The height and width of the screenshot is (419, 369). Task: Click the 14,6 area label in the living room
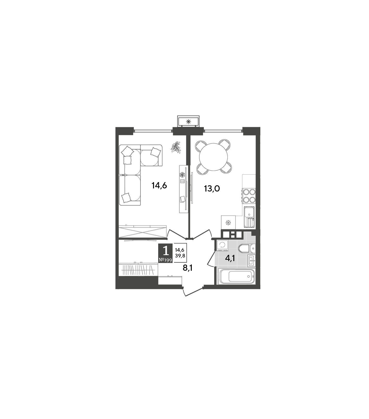(159, 186)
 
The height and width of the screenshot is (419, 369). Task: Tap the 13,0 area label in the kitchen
(212, 188)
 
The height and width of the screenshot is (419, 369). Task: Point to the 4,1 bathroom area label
(230, 258)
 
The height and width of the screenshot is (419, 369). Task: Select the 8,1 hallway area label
(187, 268)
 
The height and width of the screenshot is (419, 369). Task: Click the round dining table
(213, 157)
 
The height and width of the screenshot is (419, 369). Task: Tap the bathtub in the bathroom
(237, 276)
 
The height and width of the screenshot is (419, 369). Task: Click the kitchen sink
(249, 216)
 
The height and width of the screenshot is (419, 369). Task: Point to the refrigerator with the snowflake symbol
(228, 223)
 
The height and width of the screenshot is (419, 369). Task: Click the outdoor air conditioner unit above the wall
(188, 121)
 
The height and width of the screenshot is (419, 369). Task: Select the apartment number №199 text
(165, 260)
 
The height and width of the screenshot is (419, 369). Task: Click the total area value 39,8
(180, 256)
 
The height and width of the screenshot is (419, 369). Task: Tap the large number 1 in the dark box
(165, 251)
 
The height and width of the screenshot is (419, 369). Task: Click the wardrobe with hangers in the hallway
(138, 270)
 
